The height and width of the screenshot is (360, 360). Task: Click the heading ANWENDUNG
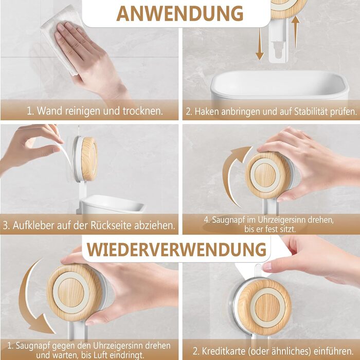180,13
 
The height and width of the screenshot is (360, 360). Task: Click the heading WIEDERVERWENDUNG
176,249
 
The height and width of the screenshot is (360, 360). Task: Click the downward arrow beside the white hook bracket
260,44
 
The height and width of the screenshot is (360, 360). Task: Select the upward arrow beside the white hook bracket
296,32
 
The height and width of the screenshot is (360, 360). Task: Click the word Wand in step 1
49,111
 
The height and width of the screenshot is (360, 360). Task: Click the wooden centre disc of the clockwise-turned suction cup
265,175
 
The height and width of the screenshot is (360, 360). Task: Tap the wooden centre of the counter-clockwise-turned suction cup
71,292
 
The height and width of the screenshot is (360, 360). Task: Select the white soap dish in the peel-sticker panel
112,204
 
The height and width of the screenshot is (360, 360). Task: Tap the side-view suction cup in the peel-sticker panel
85,159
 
